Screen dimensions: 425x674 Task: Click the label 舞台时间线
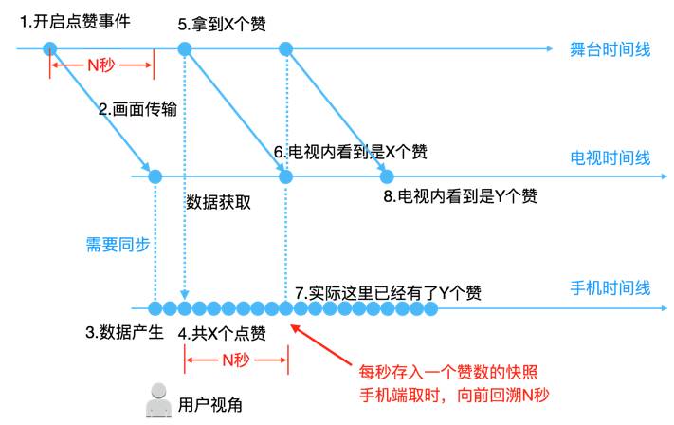tap(610, 49)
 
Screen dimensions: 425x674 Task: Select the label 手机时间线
tap(610, 287)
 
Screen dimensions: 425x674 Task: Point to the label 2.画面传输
tap(137, 109)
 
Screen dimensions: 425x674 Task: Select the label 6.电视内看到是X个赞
tap(350, 152)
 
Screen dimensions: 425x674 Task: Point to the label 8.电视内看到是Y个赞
tap(461, 196)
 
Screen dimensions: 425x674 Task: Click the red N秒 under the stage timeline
tap(101, 65)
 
